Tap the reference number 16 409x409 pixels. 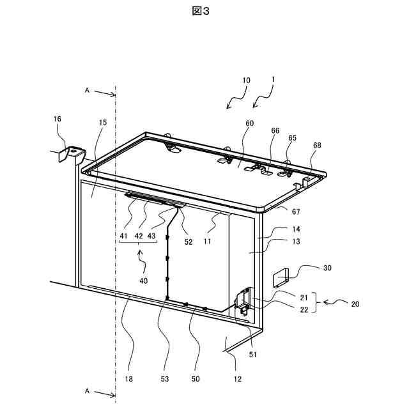pyautogui.click(x=57, y=119)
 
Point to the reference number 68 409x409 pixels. pyautogui.click(x=318, y=145)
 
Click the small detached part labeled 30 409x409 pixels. pyautogui.click(x=282, y=277)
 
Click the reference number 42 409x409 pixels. pyautogui.click(x=137, y=236)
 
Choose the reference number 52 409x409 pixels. pyautogui.click(x=189, y=242)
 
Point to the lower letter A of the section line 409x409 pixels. pyautogui.click(x=87, y=389)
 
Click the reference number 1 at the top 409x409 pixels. pyautogui.click(x=274, y=81)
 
